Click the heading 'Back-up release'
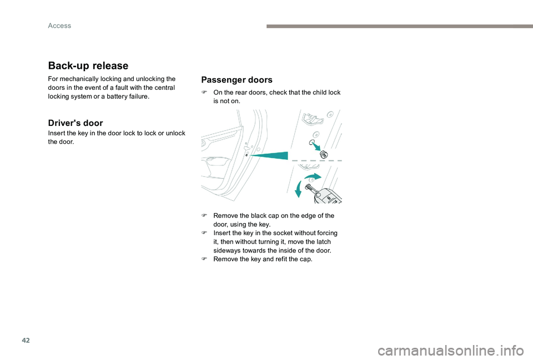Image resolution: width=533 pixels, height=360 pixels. click(88, 65)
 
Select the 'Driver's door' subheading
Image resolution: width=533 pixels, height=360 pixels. click(75, 123)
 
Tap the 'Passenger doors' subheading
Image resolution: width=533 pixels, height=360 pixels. click(237, 80)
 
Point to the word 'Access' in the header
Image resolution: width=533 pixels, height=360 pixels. click(59, 26)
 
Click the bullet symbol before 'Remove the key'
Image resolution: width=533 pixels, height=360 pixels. click(204, 260)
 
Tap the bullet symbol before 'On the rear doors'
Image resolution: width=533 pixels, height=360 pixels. click(204, 93)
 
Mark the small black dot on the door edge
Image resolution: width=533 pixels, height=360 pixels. click(247, 156)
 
